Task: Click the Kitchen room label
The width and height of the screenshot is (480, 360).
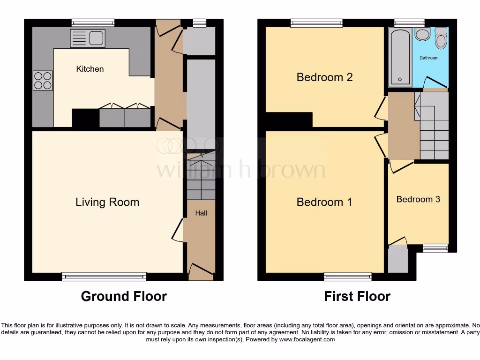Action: pyautogui.click(x=90, y=69)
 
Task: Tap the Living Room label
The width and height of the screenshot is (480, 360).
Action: pyautogui.click(x=107, y=202)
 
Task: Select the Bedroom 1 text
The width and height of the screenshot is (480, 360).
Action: pyautogui.click(x=324, y=202)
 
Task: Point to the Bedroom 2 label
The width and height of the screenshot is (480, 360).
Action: pyautogui.click(x=324, y=77)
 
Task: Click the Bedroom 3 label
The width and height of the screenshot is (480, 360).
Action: pyautogui.click(x=418, y=199)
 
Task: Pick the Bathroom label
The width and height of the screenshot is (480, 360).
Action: pyautogui.click(x=429, y=58)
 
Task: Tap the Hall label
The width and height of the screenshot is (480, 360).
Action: pyautogui.click(x=201, y=213)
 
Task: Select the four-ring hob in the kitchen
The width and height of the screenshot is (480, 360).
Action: pyautogui.click(x=43, y=80)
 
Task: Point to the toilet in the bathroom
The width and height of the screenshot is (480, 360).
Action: pyautogui.click(x=441, y=39)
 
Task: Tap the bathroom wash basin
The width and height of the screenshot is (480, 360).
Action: pyautogui.click(x=423, y=35)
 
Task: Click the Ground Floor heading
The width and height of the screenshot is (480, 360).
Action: pyautogui.click(x=124, y=296)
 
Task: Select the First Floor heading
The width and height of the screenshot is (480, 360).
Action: pyautogui.click(x=357, y=296)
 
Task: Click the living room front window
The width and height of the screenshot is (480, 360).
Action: pyautogui.click(x=104, y=277)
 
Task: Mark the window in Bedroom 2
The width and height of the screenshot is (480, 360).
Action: pyautogui.click(x=316, y=22)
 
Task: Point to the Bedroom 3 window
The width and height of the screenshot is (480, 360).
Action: pyautogui.click(x=435, y=248)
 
